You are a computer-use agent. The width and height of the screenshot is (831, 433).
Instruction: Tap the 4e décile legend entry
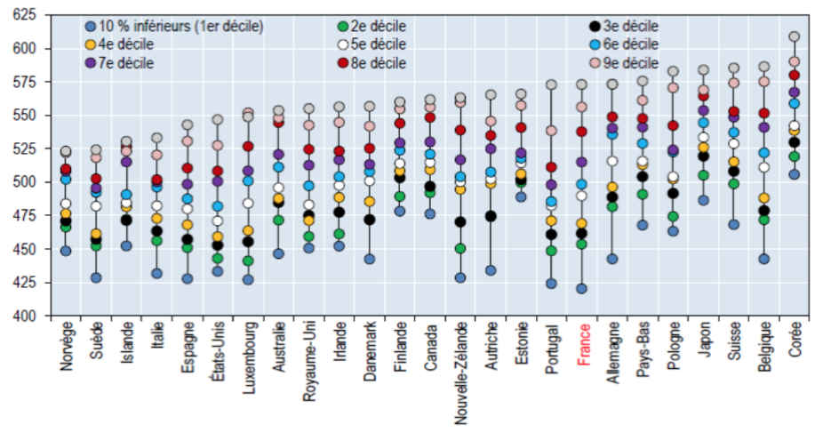point(124,44)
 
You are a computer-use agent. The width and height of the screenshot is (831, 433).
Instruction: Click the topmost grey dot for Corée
point(794,37)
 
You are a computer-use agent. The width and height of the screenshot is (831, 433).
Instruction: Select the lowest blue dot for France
point(582,288)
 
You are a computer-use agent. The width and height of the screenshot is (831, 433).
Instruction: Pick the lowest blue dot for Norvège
point(66,251)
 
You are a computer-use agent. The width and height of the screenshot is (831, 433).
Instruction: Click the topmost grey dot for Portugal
point(551,84)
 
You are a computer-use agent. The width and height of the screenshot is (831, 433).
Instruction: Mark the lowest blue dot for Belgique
point(763,259)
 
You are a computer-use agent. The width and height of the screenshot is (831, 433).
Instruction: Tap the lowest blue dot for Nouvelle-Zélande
point(460,277)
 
